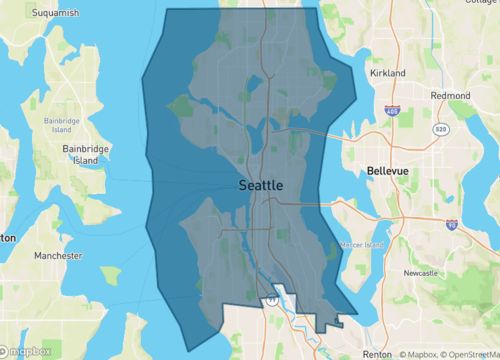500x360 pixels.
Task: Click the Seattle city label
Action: tap(261, 186)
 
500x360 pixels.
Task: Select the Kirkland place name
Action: tap(386, 74)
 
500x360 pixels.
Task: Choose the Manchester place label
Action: tap(56, 256)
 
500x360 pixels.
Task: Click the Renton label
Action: tap(376, 353)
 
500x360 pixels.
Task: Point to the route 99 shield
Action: tap(271, 298)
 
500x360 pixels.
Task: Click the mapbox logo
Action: tap(27, 351)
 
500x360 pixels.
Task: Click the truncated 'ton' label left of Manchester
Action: tap(7, 238)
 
